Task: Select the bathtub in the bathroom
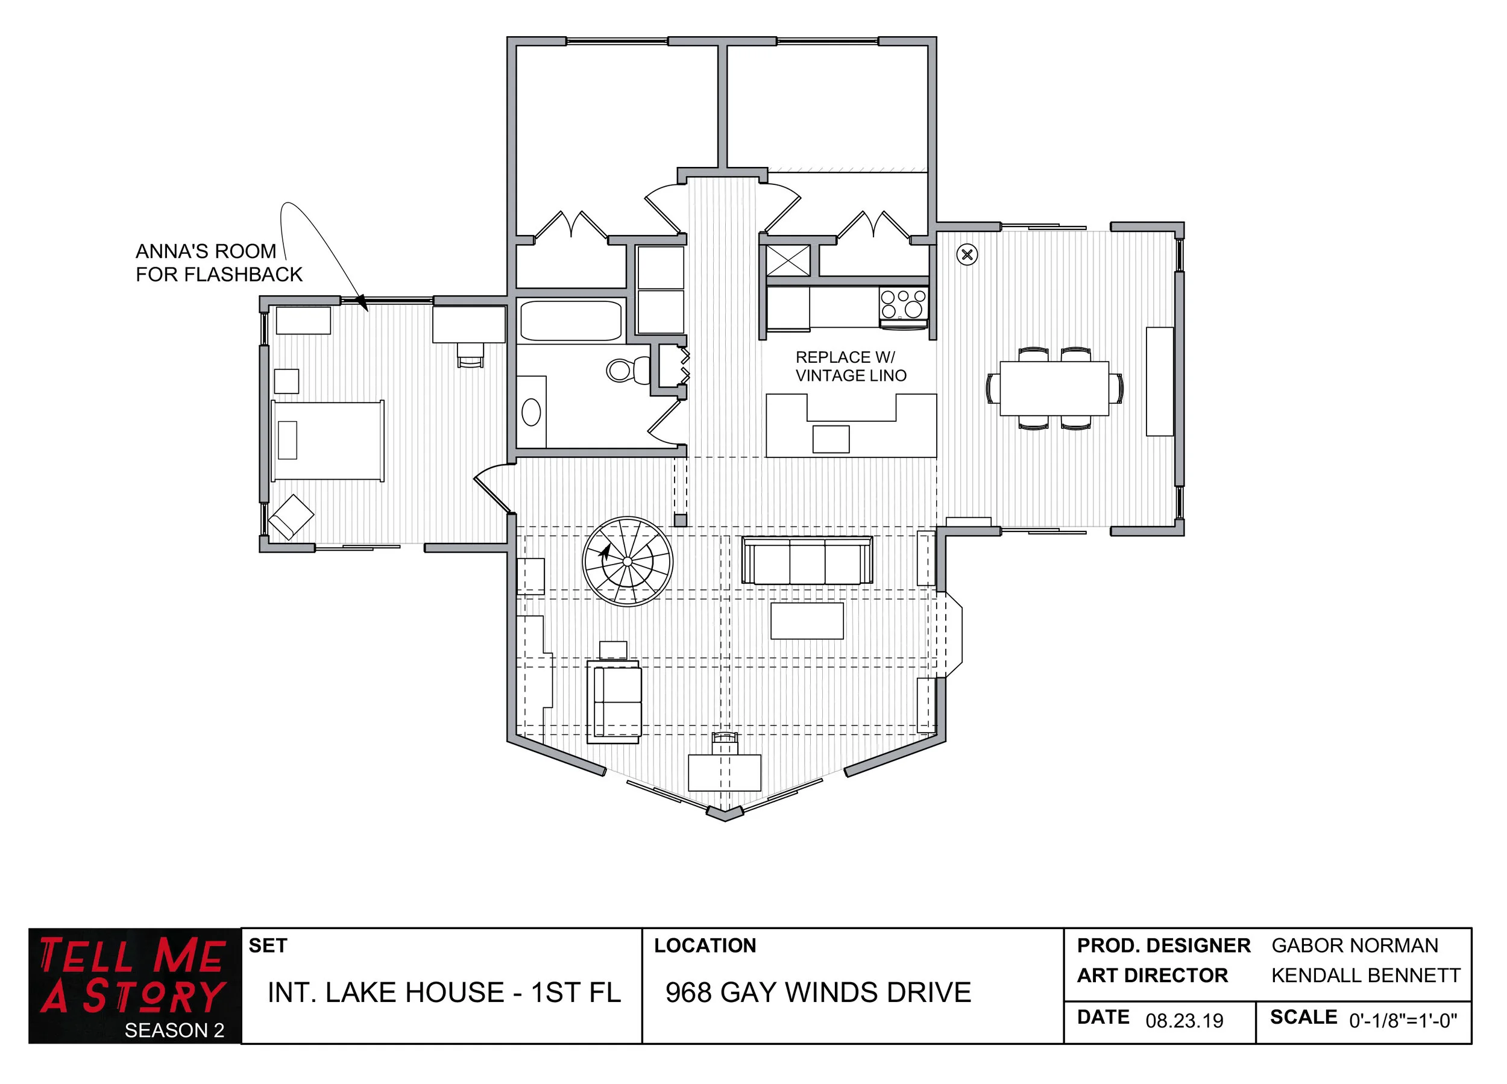click(571, 321)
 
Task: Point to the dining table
click(1054, 388)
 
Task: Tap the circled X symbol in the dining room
click(967, 254)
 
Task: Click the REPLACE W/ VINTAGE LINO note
click(851, 366)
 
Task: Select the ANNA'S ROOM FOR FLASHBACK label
click(218, 262)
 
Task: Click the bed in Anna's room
click(327, 440)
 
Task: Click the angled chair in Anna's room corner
click(291, 516)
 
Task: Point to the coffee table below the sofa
click(807, 621)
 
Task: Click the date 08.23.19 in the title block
click(1184, 1021)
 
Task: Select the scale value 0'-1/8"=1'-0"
click(1403, 1021)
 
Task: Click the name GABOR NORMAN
click(1354, 945)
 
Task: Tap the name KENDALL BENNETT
click(1365, 975)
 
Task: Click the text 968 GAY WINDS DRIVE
click(818, 992)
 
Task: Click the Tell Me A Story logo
click(134, 985)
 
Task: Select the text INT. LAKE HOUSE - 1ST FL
click(444, 992)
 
